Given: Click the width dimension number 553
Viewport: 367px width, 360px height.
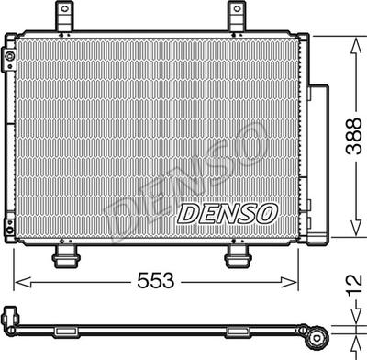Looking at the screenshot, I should point(157,281).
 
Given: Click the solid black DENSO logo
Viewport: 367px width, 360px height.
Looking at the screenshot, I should point(227,214).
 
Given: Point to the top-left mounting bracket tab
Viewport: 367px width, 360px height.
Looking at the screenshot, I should point(63,15).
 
